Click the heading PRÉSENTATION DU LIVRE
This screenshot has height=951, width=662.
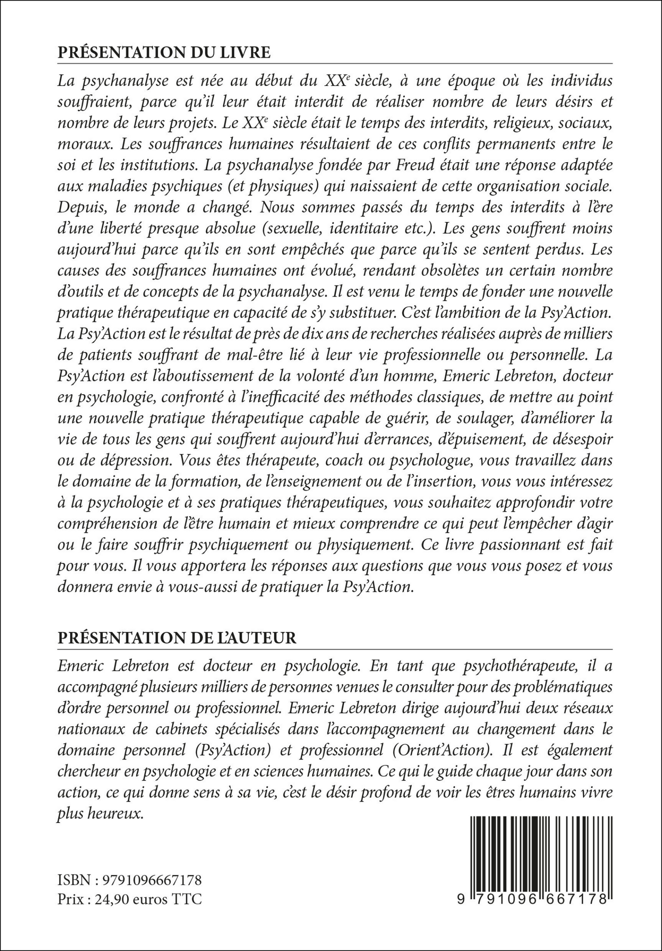(x=164, y=53)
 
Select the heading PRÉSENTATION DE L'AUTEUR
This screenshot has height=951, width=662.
(x=177, y=638)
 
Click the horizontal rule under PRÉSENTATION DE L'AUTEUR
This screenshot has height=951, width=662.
(x=334, y=649)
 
